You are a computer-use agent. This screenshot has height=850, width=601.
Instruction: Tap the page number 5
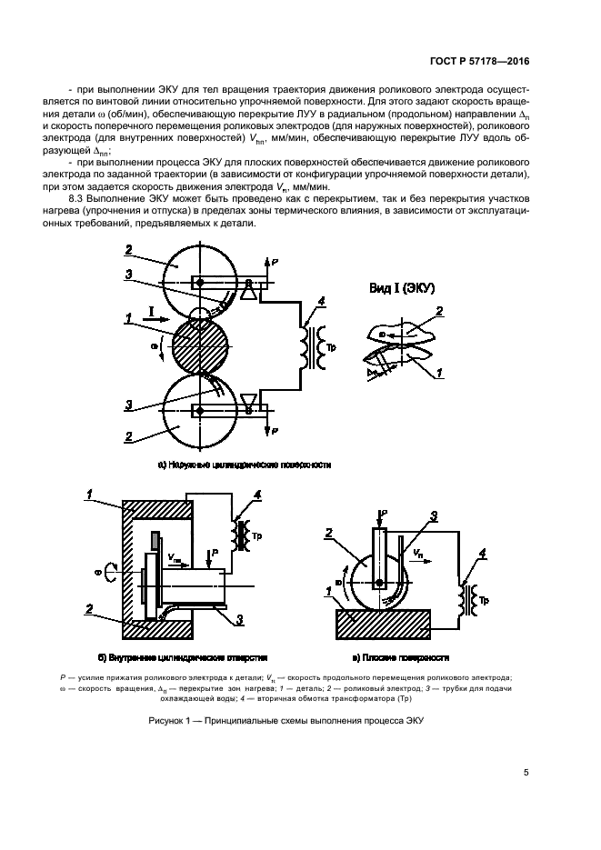[x=526, y=773]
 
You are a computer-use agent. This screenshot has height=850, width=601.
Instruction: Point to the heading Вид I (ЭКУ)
[x=402, y=288]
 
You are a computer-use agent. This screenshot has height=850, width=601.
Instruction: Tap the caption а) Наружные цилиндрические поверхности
[x=244, y=465]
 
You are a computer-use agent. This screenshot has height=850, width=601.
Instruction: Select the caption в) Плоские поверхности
[x=404, y=655]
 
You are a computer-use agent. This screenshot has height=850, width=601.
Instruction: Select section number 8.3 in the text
[x=78, y=198]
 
